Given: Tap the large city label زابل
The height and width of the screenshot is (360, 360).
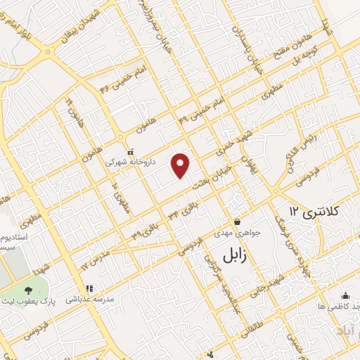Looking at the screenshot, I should pos(236,255).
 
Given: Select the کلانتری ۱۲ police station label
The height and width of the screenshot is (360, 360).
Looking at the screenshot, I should pos(314,210).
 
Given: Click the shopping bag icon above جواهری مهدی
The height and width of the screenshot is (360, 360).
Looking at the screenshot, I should pos(237,221).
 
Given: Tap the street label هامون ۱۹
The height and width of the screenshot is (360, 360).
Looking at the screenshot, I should pos(75,110).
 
